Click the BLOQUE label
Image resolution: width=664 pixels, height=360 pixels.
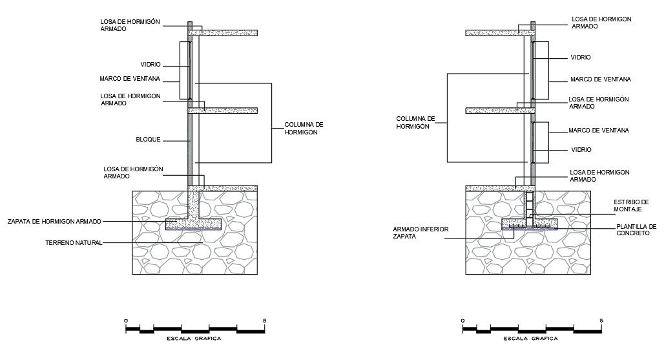[148, 139]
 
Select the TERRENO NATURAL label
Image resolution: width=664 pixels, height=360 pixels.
[74, 243]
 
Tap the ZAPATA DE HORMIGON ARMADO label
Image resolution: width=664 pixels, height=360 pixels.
[54, 221]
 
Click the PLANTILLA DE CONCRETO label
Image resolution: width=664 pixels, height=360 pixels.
[636, 229]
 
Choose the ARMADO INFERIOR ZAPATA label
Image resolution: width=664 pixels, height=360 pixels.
[416, 233]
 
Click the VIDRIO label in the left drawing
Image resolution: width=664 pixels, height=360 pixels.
[150, 65]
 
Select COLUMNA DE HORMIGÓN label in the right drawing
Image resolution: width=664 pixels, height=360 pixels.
[416, 123]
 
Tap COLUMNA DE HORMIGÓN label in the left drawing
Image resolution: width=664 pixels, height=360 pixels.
[304, 128]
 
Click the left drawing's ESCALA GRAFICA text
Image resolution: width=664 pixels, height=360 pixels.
[194, 338]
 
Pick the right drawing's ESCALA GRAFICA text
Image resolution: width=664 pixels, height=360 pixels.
[531, 338]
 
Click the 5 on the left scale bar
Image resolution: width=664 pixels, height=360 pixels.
[265, 321]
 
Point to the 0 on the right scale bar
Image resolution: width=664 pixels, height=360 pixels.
[462, 321]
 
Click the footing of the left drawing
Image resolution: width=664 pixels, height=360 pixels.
[194, 224]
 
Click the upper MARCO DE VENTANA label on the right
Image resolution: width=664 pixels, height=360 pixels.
[600, 79]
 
